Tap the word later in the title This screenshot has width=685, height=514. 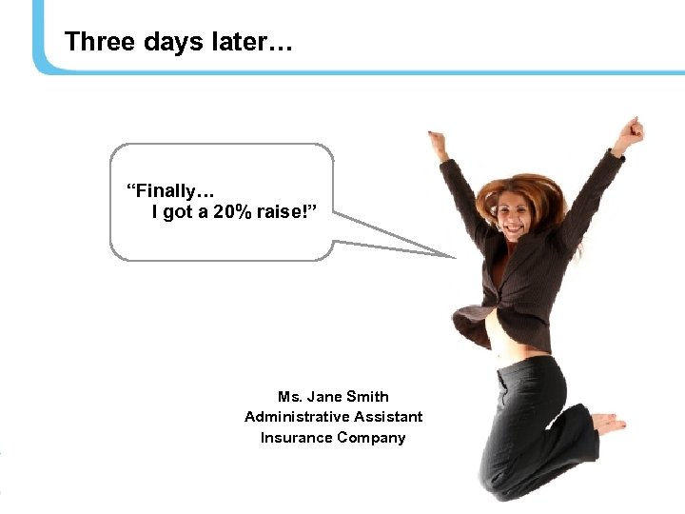tap(245, 42)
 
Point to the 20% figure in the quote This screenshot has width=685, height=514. tap(234, 212)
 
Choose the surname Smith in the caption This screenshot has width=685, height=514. tap(367, 396)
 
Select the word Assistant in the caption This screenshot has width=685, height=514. tap(387, 417)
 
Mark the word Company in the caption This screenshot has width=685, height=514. tap(371, 438)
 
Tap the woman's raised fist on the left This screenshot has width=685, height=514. tap(438, 144)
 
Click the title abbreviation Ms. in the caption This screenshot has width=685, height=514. tap(288, 396)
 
